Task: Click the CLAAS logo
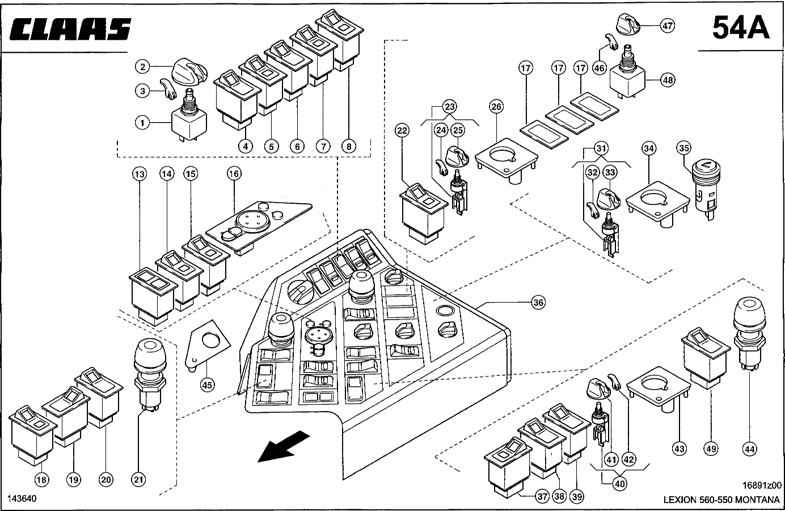(71, 29)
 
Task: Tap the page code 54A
(741, 27)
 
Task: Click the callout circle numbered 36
(538, 302)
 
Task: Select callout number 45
(208, 385)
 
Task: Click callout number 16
(234, 173)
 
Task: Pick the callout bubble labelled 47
(668, 25)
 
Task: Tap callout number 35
(684, 149)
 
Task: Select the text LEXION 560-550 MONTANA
(722, 500)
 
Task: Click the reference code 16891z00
(762, 485)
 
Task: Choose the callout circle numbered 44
(749, 449)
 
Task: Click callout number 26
(496, 106)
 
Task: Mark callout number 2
(142, 67)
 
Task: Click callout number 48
(668, 80)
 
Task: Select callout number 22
(402, 131)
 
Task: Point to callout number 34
(649, 149)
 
